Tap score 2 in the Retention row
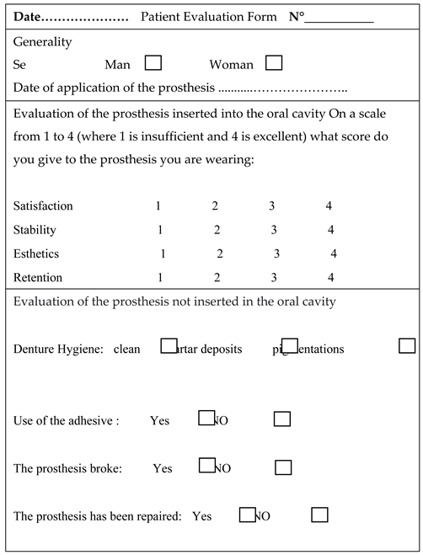click(217, 277)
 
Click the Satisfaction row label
click(43, 205)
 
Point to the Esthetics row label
click(36, 253)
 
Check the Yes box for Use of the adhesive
click(206, 417)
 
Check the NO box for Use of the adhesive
click(282, 419)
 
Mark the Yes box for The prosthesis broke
click(206, 465)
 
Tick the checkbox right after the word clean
click(169, 344)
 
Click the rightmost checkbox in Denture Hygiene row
click(407, 345)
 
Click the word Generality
click(43, 42)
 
